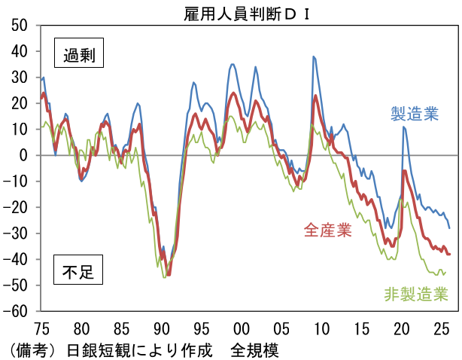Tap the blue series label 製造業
tap(414, 114)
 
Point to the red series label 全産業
tap(328, 230)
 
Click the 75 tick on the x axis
tap(41, 329)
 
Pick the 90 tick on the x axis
tap(161, 329)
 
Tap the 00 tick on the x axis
tap(241, 329)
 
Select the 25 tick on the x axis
tap(440, 329)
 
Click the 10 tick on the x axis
tap(321, 329)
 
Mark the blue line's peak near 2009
tap(313, 56)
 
